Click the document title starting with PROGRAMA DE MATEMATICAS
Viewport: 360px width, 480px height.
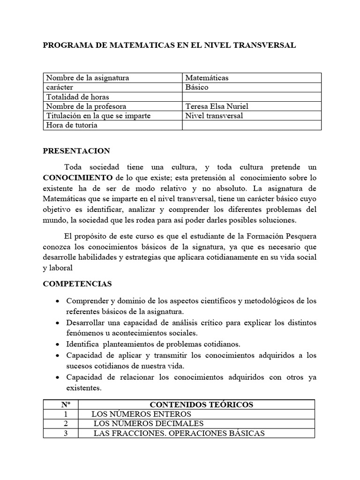(x=169, y=45)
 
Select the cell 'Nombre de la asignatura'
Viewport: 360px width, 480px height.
(x=88, y=78)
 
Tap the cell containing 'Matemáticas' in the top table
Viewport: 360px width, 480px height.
(x=207, y=78)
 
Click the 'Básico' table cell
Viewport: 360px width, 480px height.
(x=197, y=87)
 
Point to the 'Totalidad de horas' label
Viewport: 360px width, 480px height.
(x=77, y=97)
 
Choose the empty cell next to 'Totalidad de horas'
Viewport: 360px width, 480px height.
(x=251, y=97)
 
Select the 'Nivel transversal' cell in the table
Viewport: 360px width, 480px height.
(x=214, y=116)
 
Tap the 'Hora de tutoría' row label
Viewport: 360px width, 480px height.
(x=72, y=125)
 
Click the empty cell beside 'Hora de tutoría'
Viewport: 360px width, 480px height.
(x=251, y=125)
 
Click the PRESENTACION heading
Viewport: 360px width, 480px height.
(x=76, y=151)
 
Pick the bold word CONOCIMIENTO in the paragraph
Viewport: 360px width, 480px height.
(x=78, y=178)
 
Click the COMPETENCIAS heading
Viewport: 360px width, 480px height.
(x=77, y=284)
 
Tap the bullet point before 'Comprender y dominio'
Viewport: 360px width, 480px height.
(x=57, y=301)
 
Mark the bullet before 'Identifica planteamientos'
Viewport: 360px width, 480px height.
(x=57, y=344)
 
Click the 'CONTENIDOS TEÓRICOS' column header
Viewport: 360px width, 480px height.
(x=201, y=405)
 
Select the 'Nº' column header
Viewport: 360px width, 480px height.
(x=65, y=405)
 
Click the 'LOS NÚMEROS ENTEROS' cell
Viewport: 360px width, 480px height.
(x=141, y=414)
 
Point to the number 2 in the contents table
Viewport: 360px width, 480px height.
(x=66, y=423)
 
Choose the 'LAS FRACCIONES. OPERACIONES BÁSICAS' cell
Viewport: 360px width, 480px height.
(x=179, y=433)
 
